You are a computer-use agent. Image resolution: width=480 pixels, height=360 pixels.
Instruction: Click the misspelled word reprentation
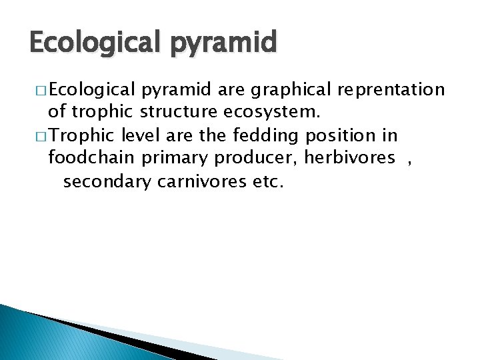point(391,90)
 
